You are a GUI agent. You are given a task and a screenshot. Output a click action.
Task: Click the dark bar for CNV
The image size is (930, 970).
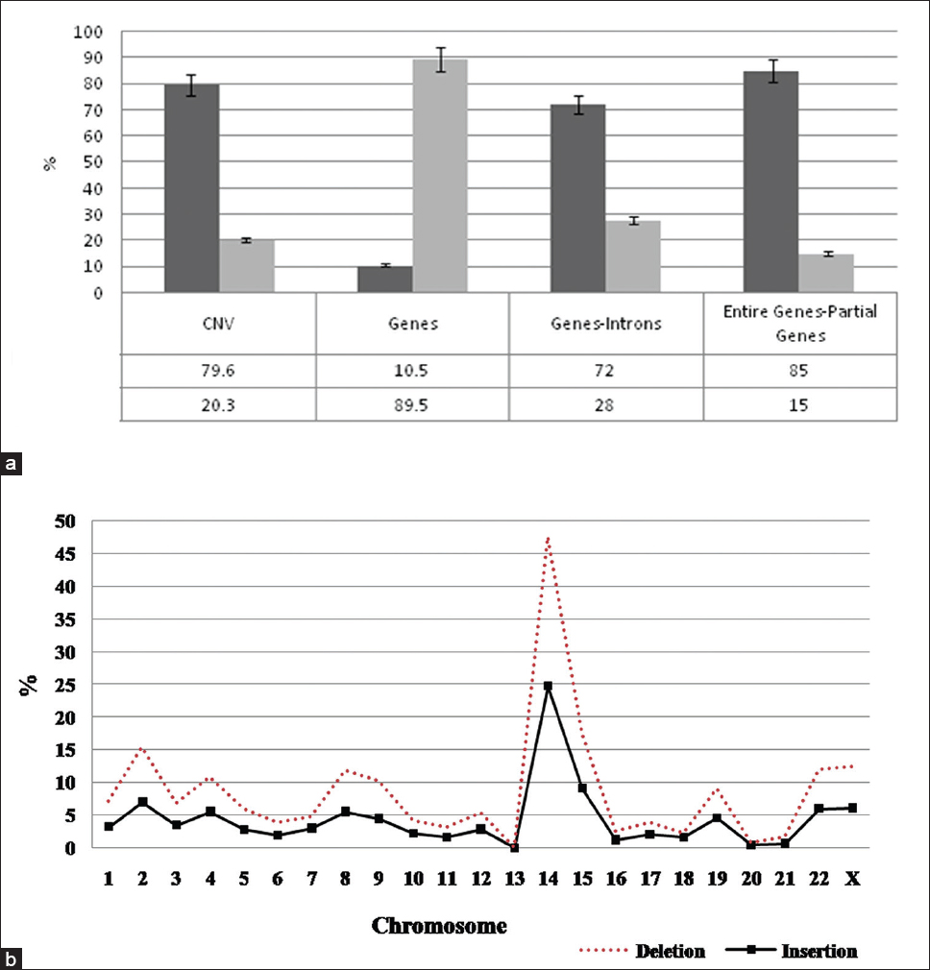click(192, 188)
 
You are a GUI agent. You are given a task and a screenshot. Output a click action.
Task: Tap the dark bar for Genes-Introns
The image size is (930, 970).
click(577, 198)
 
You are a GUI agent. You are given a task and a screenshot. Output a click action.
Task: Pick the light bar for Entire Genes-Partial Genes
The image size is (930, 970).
click(825, 274)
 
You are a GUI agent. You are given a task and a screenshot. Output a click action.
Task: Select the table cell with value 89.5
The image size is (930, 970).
click(412, 404)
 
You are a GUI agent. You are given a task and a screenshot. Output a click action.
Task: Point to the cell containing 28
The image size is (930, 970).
click(605, 404)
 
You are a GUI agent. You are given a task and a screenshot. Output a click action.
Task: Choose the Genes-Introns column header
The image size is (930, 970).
click(605, 324)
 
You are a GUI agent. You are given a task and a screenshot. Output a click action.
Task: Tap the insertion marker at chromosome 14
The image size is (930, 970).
click(548, 686)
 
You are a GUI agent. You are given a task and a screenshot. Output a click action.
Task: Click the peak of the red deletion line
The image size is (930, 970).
click(548, 538)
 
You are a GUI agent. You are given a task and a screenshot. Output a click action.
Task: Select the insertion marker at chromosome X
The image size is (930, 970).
click(851, 808)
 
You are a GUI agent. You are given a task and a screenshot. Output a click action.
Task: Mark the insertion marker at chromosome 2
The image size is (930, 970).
click(142, 801)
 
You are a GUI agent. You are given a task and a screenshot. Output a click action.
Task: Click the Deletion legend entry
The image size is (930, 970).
click(670, 951)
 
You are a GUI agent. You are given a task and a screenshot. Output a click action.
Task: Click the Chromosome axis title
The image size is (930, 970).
click(439, 926)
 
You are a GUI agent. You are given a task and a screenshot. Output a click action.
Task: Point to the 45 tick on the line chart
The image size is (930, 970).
click(67, 554)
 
